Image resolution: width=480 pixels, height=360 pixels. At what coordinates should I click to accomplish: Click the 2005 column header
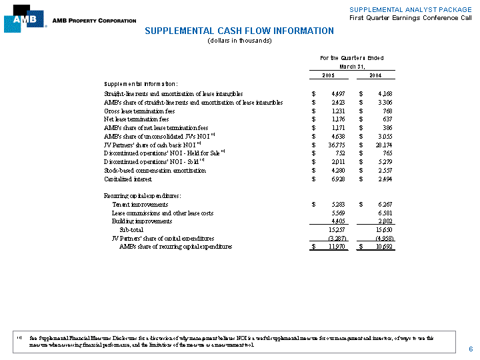click(x=329, y=75)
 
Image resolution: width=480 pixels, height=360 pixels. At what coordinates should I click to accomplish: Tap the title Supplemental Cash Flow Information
click(x=239, y=31)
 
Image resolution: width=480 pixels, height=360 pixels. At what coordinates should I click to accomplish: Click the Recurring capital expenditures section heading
click(x=142, y=195)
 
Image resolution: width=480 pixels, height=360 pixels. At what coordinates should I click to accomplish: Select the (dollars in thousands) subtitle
click(x=239, y=41)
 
